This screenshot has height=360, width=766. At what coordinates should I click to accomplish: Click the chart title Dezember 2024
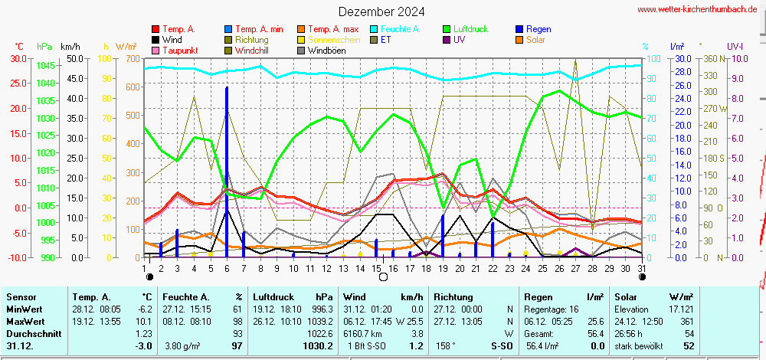(381, 11)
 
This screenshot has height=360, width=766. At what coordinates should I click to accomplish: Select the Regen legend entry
(539, 29)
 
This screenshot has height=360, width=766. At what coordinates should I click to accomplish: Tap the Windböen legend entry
(327, 51)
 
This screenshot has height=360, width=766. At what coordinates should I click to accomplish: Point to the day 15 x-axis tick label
(377, 267)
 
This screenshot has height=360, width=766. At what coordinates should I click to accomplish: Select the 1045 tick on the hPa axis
(44, 65)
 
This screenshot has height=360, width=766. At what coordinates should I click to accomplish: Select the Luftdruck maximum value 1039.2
(320, 322)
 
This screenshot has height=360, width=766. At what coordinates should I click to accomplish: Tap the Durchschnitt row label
(31, 334)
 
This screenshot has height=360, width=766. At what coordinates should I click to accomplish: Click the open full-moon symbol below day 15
(382, 277)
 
